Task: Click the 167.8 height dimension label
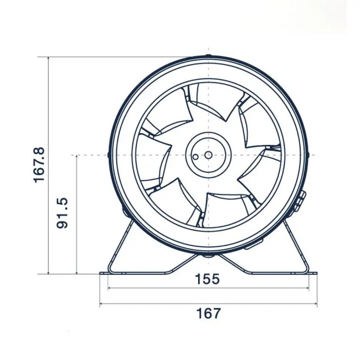[x=39, y=165]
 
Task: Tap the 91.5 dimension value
[x=63, y=213]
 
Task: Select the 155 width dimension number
[x=207, y=279]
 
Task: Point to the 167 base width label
[x=208, y=313]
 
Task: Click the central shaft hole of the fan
[x=208, y=155]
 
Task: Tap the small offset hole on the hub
[x=195, y=157]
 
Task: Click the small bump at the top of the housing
[x=208, y=56]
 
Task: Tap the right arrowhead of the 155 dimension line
[x=308, y=288]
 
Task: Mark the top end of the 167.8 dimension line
[x=49, y=57]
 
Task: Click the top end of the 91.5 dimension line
[x=77, y=155]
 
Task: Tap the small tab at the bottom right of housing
[x=254, y=245]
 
